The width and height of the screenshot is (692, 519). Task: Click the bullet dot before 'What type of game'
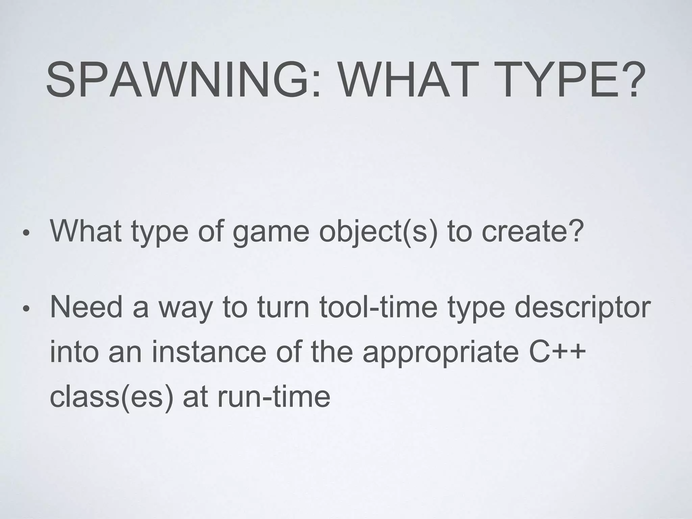coord(26,233)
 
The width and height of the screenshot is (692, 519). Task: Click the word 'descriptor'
coord(581,308)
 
